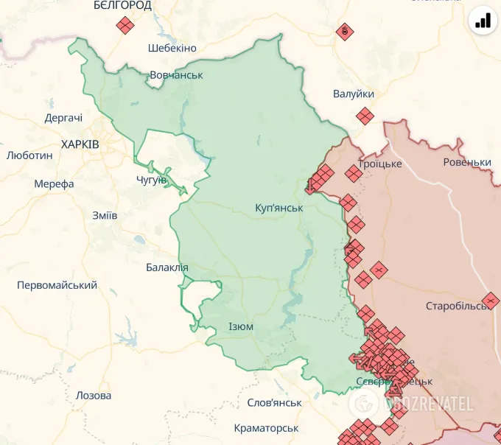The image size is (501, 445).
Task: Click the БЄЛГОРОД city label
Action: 122,6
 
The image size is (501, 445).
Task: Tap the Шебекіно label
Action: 172,48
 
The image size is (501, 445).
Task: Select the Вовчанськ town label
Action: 176,75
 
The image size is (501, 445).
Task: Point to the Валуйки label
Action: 354,94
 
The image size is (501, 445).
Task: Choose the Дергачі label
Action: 63,118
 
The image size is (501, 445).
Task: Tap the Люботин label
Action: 29,155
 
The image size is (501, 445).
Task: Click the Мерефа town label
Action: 54,183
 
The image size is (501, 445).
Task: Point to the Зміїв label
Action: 105,215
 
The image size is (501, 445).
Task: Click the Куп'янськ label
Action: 278,208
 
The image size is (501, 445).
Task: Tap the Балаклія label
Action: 167,267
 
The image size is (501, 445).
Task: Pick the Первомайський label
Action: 57,284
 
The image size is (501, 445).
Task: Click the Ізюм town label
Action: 241,326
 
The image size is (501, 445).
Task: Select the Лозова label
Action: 94,396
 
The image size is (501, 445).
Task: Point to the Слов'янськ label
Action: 274,402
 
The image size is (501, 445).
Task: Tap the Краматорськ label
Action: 266,428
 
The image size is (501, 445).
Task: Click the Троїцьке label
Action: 379,164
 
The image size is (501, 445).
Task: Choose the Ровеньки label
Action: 467,162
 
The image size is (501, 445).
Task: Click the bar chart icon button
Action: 483,20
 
